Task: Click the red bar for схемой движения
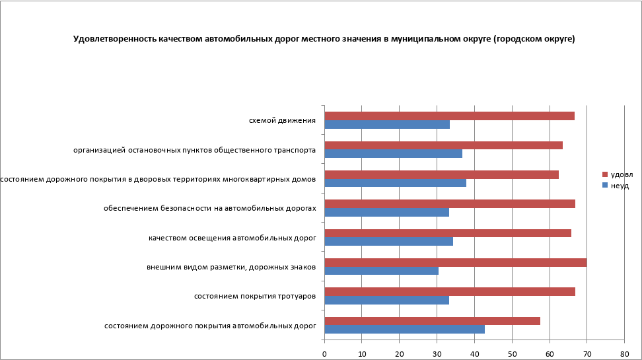pos(449,116)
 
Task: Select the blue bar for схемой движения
pos(387,124)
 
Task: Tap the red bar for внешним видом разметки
pos(455,262)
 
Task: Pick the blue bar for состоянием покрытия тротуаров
pos(386,300)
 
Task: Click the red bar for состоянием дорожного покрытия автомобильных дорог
pos(432,321)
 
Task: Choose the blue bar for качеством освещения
pos(388,241)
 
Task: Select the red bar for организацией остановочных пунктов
pos(443,145)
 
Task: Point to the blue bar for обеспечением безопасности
pos(386,212)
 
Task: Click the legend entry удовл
pos(622,174)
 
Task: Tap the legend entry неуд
pos(620,186)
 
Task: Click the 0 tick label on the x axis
pos(324,354)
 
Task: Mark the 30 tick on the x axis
pos(437,354)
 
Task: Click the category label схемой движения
pos(282,120)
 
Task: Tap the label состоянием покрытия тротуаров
pos(254,296)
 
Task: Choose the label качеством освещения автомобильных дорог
pos(232,237)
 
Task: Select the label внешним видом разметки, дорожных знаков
pos(231,267)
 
